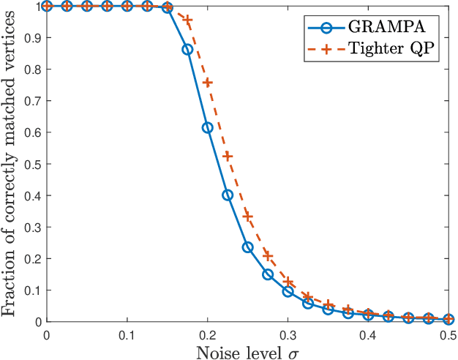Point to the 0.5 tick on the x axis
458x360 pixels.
[448, 335]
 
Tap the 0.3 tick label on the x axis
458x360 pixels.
[288, 335]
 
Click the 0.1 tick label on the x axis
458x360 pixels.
[127, 335]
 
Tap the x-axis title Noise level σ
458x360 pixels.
[248, 351]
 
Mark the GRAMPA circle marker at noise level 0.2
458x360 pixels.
[208, 127]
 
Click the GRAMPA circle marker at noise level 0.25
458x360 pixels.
[248, 247]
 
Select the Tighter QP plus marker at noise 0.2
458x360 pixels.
[208, 83]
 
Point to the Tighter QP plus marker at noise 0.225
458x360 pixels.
[228, 156]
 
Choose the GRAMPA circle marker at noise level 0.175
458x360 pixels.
[187, 49]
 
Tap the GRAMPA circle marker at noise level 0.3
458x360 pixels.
[288, 291]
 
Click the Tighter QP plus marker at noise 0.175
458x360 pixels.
[187, 20]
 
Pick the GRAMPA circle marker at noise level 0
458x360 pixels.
[47, 6]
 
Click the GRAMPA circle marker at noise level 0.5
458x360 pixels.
[448, 319]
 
